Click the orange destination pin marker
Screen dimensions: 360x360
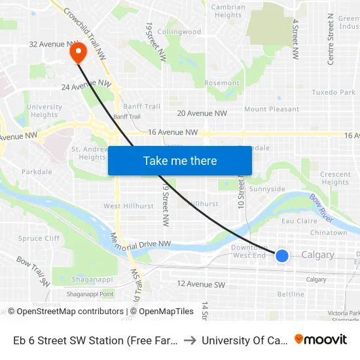(77, 52)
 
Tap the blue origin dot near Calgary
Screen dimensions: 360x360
(282, 255)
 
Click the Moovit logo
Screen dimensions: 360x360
(321, 340)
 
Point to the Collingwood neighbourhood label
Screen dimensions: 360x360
(179, 31)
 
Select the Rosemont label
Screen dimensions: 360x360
(222, 83)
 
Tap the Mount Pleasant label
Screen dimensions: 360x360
(271, 109)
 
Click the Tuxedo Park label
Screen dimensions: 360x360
(333, 93)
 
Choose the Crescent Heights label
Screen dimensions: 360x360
(335, 178)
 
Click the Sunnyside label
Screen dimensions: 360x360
(267, 189)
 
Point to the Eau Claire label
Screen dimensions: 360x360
(299, 221)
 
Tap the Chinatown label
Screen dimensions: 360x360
(329, 232)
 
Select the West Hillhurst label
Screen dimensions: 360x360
(129, 206)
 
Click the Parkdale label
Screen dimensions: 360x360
(37, 172)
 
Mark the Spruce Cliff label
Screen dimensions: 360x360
(39, 239)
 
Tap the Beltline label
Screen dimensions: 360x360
(291, 295)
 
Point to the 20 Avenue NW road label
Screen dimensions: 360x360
(202, 113)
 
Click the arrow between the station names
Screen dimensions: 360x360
(189, 340)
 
